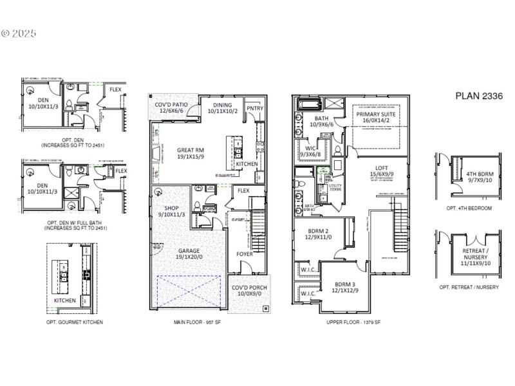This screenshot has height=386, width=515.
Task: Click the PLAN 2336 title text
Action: [478, 96]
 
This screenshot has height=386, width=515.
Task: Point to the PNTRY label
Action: [255, 108]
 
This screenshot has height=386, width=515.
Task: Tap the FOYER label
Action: [245, 253]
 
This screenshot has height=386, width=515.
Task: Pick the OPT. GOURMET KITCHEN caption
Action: [75, 322]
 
